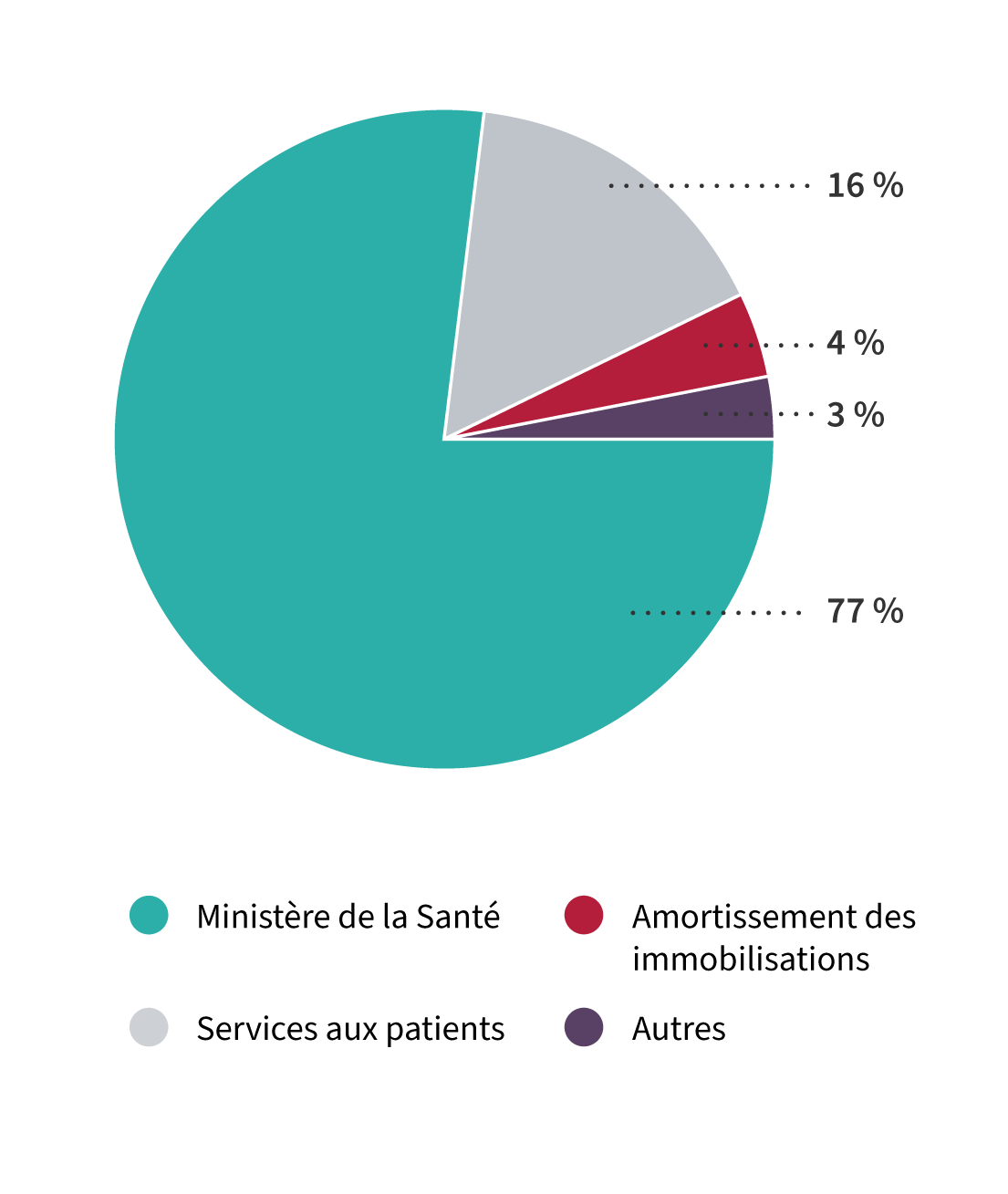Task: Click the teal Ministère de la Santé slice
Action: (x=320, y=486)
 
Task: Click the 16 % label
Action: (x=865, y=186)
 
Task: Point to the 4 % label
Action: (x=856, y=344)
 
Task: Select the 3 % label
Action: (x=856, y=415)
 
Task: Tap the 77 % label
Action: (x=865, y=611)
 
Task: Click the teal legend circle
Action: (x=149, y=915)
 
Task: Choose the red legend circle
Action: (x=584, y=915)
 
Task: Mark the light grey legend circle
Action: (x=149, y=1027)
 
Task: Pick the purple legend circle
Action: (x=584, y=1027)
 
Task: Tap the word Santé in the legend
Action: (x=458, y=916)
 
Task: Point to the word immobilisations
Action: (x=751, y=959)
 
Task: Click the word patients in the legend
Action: (x=445, y=1030)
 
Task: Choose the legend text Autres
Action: (x=679, y=1029)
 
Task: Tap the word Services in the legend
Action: (x=257, y=1028)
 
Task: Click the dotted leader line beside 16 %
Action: (x=710, y=186)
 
